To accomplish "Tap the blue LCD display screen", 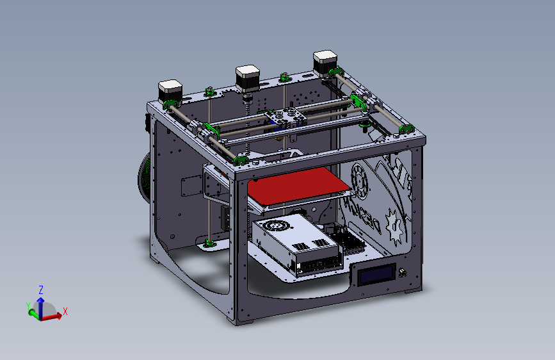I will (378, 276).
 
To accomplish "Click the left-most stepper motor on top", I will (171, 90).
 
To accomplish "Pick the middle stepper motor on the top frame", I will (248, 77).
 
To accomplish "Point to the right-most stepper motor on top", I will (325, 62).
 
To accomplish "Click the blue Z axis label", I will (40, 289).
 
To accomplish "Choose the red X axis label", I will (65, 311).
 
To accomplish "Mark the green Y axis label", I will (28, 306).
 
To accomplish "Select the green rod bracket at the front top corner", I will (241, 160).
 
